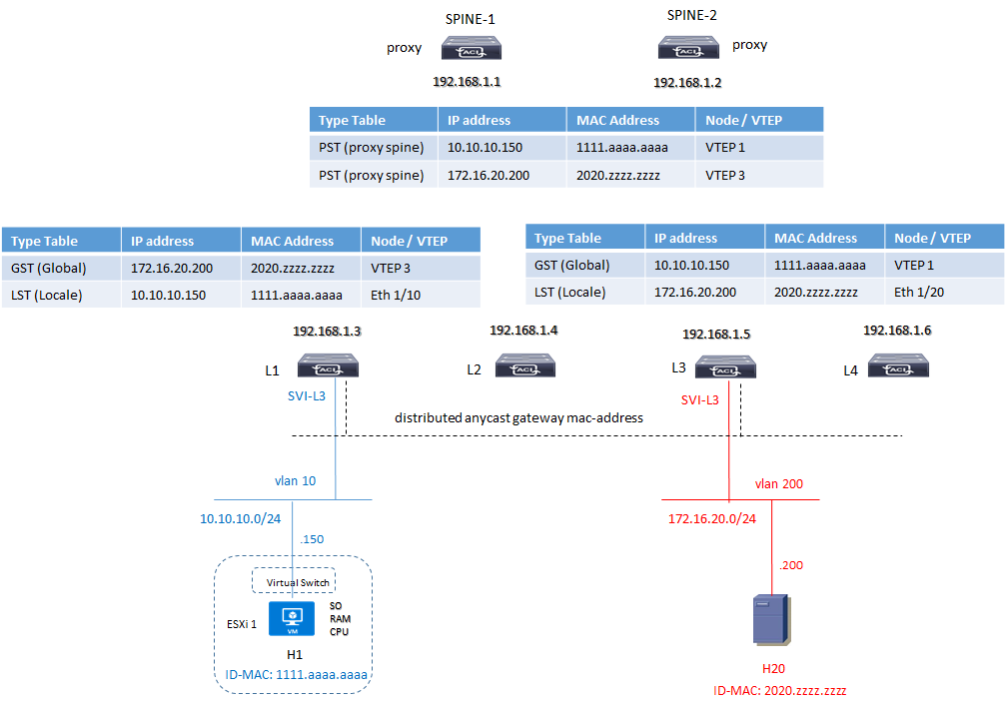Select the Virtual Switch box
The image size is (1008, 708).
(293, 581)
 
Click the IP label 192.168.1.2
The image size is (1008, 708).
(687, 83)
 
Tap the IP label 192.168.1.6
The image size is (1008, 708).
(897, 331)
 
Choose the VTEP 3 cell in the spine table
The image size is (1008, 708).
(725, 176)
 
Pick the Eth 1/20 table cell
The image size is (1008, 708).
(918, 292)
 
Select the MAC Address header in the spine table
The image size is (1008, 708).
(617, 120)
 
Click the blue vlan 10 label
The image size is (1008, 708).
(295, 480)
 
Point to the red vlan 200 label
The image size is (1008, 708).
(779, 484)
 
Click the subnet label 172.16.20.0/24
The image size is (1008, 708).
(712, 518)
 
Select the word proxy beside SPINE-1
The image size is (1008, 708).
(405, 48)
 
